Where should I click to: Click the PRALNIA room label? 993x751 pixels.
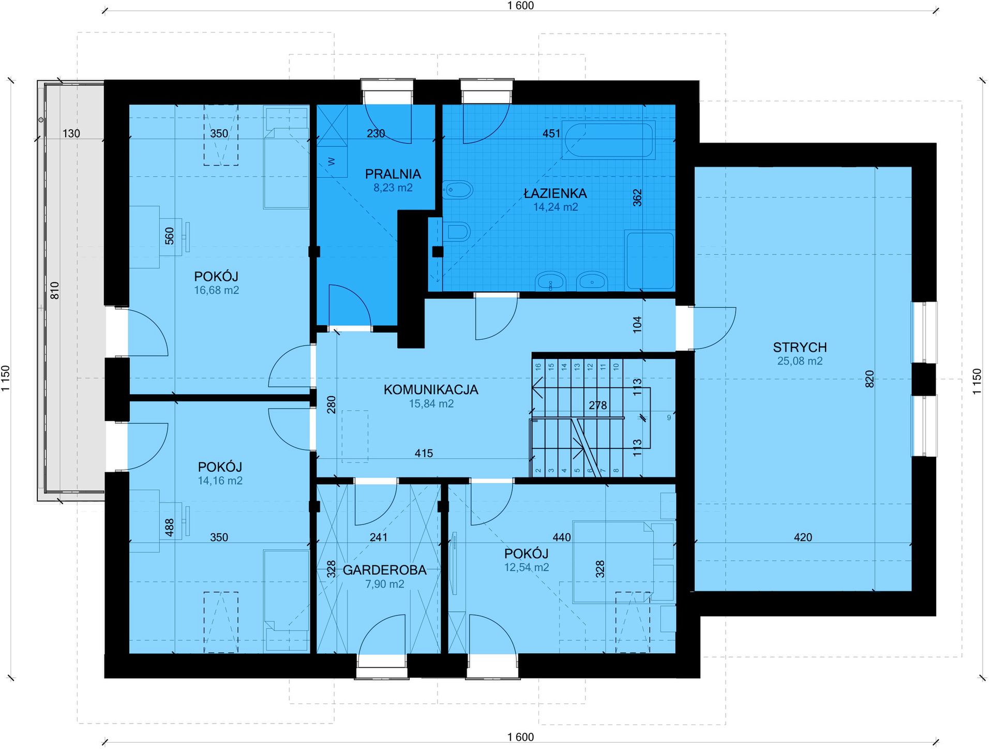[393, 174]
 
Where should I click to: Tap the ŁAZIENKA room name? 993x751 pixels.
[555, 193]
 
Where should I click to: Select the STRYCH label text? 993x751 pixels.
[800, 347]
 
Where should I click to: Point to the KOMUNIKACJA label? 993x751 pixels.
[431, 389]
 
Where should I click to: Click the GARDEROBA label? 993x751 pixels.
[385, 570]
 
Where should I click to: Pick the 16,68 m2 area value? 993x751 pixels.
[217, 290]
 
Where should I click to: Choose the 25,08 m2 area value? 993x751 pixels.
[800, 361]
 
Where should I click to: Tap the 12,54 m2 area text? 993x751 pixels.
[527, 567]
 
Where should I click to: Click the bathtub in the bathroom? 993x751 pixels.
[610, 139]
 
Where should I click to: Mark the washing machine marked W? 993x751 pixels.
[332, 162]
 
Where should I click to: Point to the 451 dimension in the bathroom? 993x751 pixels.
[551, 133]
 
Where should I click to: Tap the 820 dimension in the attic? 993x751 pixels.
[869, 379]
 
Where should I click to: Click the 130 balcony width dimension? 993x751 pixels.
[71, 133]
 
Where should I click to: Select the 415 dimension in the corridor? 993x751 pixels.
[424, 454]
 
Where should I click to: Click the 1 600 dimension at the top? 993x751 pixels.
[521, 6]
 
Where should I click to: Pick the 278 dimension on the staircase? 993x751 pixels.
[598, 405]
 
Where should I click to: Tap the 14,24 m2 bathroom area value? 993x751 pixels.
[555, 207]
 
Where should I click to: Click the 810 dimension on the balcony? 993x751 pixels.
[55, 290]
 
